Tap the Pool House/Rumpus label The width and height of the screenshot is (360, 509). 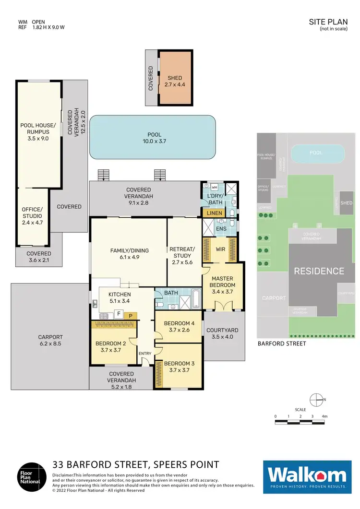coord(38,132)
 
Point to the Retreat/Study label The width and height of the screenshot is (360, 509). coord(182,252)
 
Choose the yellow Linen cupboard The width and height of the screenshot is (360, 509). coord(212,213)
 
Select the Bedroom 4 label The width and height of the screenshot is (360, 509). coord(177,326)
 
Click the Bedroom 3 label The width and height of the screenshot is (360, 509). coord(177,367)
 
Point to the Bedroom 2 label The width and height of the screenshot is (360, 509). coord(110,347)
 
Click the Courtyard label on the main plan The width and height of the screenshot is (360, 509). coord(224,333)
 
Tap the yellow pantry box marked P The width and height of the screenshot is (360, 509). coord(130,316)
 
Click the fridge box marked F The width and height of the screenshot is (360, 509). coord(118,314)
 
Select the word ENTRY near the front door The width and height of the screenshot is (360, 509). coord(144,354)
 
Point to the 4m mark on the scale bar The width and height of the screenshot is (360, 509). coord(325,416)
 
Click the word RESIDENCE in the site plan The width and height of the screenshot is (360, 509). coord(319,271)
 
